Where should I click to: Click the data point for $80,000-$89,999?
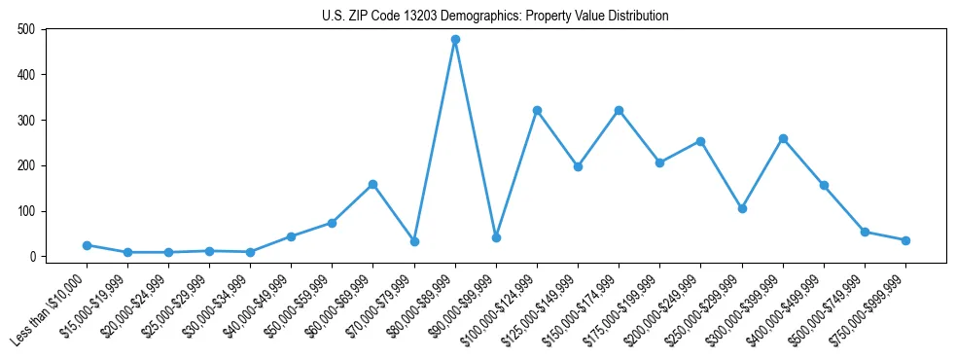tap(455, 40)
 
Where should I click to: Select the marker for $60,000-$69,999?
tap(373, 184)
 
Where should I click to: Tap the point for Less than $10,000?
tap(87, 245)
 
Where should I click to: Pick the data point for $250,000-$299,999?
tap(742, 208)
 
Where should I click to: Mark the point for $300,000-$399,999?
tap(783, 138)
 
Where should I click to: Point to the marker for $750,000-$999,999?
tap(905, 240)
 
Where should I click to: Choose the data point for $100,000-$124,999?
tap(537, 110)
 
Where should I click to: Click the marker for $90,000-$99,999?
tap(496, 237)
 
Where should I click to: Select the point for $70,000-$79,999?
tap(414, 241)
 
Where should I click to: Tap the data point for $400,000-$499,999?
tap(824, 185)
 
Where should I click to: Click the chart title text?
tap(495, 17)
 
